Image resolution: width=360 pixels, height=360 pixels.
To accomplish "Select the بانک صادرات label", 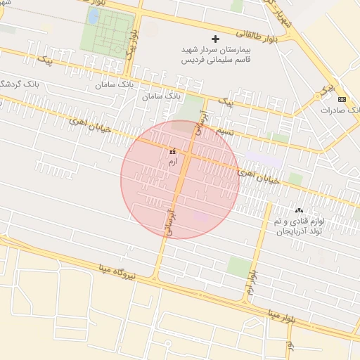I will point(340,110).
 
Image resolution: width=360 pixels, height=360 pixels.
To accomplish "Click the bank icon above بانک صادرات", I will point(342,99).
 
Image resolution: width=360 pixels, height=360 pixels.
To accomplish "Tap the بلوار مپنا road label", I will point(288,314).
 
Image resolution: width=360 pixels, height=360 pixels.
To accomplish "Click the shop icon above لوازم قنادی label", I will point(299,210).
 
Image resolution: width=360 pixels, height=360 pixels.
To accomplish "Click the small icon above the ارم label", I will point(173,151).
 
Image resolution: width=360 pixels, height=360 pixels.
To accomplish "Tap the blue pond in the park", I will point(94,15).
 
